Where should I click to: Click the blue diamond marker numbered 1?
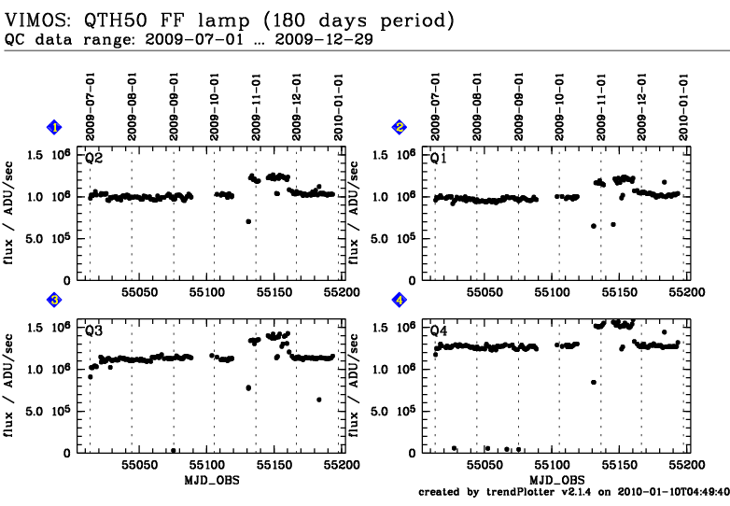(x=55, y=127)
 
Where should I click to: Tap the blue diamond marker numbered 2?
(x=400, y=127)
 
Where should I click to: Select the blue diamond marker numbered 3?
(x=55, y=300)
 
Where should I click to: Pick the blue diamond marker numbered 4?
(x=400, y=300)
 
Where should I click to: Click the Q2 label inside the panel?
(x=94, y=158)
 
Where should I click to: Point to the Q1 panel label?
(x=439, y=158)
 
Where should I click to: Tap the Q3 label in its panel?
(x=94, y=330)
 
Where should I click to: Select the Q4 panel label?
(x=439, y=330)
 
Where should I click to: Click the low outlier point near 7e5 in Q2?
(x=248, y=221)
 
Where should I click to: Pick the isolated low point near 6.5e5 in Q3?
(x=319, y=400)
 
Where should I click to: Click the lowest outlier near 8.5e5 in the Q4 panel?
(x=594, y=382)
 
